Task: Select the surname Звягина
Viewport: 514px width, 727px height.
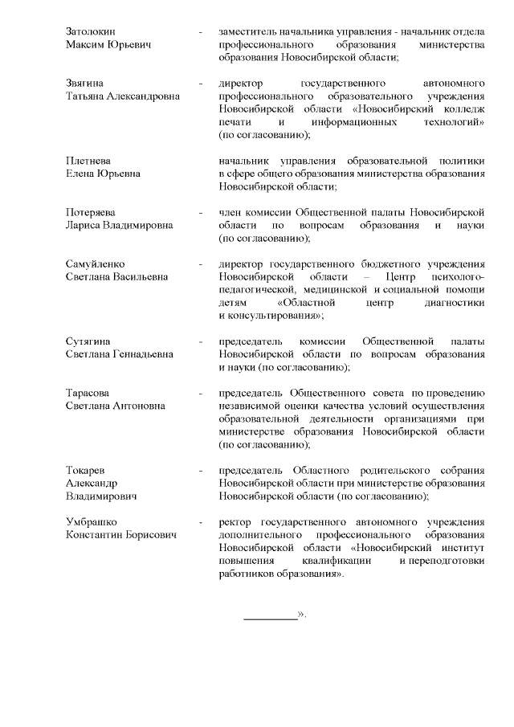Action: (x=86, y=83)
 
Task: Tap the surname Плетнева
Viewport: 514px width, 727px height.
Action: (x=88, y=160)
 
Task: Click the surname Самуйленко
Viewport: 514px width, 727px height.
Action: (x=95, y=263)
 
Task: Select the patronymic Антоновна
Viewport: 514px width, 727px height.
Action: (x=138, y=406)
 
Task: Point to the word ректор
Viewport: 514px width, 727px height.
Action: (x=235, y=521)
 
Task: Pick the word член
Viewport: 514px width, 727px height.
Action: (x=230, y=211)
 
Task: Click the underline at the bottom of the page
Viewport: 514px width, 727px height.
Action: (x=270, y=618)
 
